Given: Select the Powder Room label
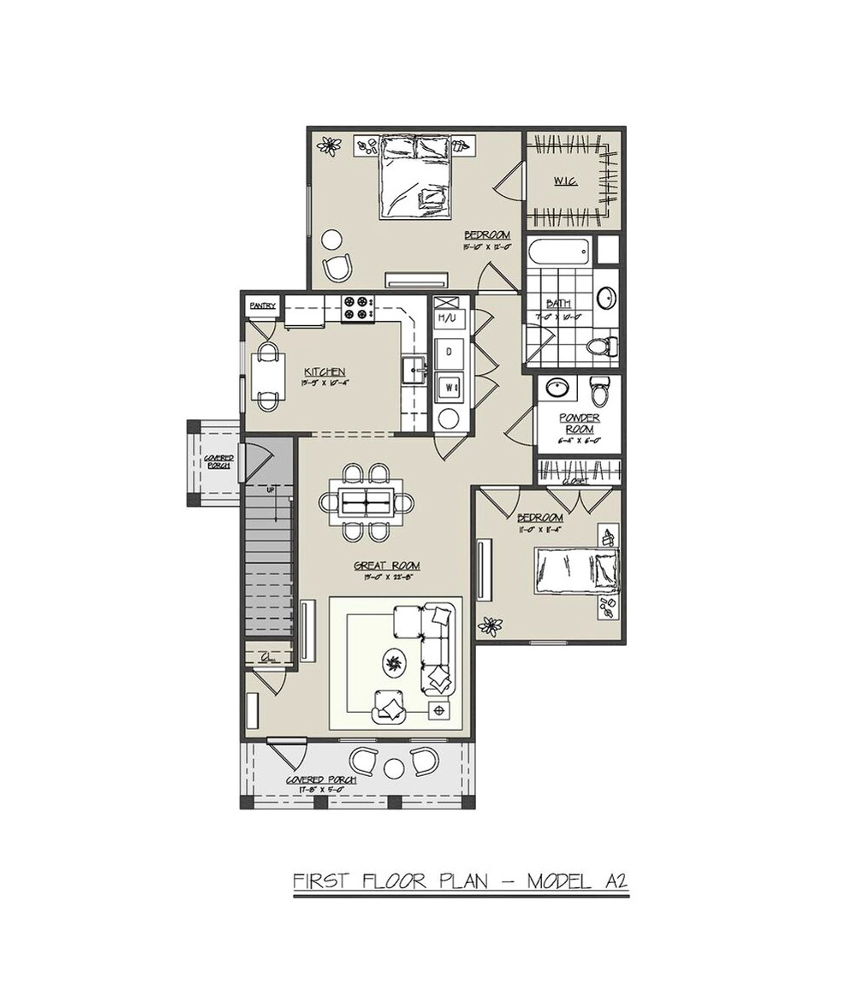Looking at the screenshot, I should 579,423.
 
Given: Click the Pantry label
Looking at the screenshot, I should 262,305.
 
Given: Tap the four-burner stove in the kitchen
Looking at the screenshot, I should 359,308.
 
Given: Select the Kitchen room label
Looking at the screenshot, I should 325,371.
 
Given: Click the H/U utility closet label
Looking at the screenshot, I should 447,318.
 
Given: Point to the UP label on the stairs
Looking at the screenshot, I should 271,490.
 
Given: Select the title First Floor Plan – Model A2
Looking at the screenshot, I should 462,880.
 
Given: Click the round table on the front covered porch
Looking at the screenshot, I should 394,767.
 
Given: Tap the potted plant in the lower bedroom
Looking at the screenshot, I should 490,626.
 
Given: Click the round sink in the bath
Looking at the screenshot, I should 605,297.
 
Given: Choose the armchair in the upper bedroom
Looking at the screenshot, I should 337,267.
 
